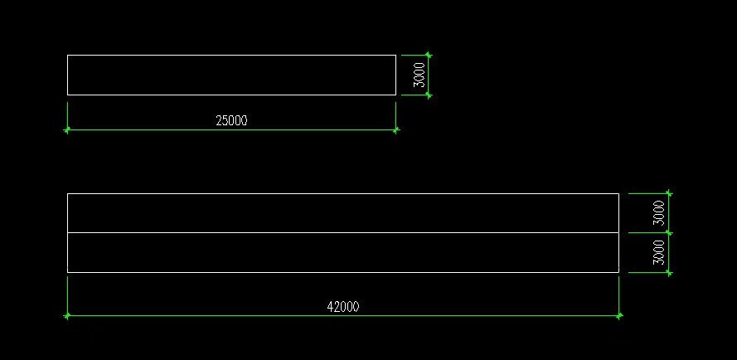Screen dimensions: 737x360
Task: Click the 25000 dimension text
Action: [231, 120]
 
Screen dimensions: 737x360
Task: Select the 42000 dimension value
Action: [343, 307]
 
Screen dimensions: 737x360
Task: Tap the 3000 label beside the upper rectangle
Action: [419, 75]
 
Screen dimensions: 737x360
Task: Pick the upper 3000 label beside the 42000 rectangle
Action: [659, 212]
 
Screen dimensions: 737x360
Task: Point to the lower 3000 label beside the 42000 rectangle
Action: [659, 252]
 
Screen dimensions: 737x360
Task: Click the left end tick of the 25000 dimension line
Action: [67, 129]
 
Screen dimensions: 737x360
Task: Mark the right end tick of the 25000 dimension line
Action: [395, 129]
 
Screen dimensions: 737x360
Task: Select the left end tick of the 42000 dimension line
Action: [67, 316]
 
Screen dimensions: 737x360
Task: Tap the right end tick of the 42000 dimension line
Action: [619, 316]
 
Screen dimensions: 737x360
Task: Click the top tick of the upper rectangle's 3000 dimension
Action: [429, 56]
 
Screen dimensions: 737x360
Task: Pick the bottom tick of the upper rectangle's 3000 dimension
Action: [429, 95]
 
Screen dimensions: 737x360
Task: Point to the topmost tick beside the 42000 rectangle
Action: [669, 193]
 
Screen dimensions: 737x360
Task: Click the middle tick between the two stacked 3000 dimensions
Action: [669, 233]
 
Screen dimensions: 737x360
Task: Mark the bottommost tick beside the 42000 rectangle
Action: [669, 272]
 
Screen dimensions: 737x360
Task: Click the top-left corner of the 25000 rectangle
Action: [68, 56]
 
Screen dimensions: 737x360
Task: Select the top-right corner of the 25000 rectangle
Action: [395, 56]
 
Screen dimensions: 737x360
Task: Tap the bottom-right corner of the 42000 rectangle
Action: [618, 272]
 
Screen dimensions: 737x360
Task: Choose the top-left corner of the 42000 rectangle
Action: [68, 193]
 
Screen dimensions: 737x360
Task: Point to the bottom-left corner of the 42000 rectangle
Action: [68, 272]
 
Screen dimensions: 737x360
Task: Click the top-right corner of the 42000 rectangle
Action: [618, 193]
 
